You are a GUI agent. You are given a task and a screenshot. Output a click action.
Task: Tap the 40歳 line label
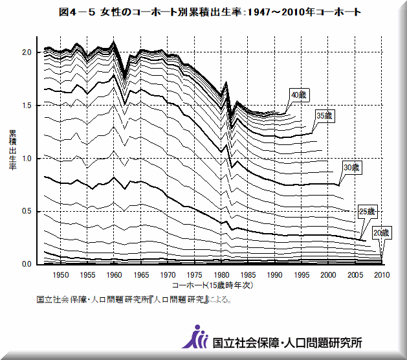click(298, 95)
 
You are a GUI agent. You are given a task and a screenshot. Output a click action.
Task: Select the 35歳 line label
click(324, 115)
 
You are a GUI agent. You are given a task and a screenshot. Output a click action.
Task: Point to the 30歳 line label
click(351, 168)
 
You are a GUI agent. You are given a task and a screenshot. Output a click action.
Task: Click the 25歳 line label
click(367, 211)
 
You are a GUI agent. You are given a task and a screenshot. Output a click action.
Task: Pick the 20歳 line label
click(381, 232)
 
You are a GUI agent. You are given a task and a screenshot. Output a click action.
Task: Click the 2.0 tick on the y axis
click(26, 52)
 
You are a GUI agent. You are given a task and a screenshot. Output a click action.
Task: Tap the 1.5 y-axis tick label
click(26, 105)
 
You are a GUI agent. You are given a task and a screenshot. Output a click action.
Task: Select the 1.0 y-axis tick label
click(26, 158)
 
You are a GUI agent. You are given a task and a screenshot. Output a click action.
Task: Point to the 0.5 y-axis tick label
click(26, 211)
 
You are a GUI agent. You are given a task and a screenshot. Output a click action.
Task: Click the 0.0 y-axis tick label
click(26, 264)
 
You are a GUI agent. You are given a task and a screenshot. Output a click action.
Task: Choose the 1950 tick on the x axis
click(60, 275)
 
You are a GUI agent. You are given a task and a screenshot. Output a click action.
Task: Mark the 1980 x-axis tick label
click(221, 275)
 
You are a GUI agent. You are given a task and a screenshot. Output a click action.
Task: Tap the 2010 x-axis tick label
click(381, 275)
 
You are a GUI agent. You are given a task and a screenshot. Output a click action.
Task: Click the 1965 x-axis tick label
click(140, 275)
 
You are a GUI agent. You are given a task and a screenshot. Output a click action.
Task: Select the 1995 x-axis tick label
click(301, 275)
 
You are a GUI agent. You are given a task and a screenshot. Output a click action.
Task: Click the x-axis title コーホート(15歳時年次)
click(212, 285)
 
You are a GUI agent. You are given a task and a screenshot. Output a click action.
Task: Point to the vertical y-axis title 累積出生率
click(12, 150)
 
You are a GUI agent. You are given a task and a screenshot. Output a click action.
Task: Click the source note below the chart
click(134, 300)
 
